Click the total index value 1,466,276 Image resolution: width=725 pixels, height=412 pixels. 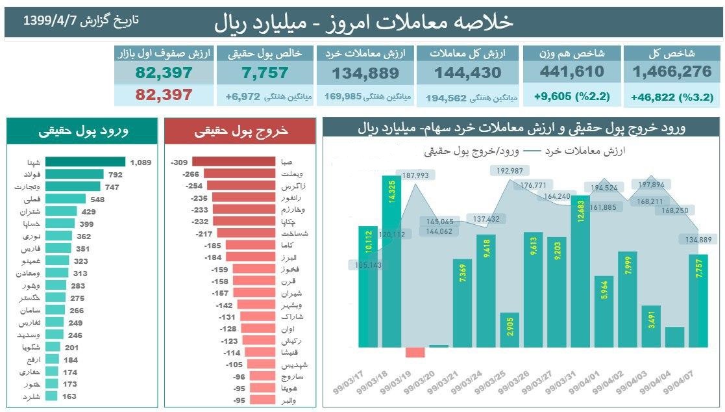tap(672, 71)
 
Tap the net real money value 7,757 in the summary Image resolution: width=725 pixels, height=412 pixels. tap(265, 73)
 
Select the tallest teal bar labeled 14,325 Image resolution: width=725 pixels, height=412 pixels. tap(391, 261)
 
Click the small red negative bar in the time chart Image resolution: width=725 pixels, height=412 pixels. tap(415, 352)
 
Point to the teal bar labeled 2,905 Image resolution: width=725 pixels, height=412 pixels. tap(509, 330)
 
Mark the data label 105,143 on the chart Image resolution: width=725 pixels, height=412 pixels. tap(367, 264)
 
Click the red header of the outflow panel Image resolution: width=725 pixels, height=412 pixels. tap(240, 131)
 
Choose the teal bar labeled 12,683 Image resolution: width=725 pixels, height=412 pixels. tap(580, 270)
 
